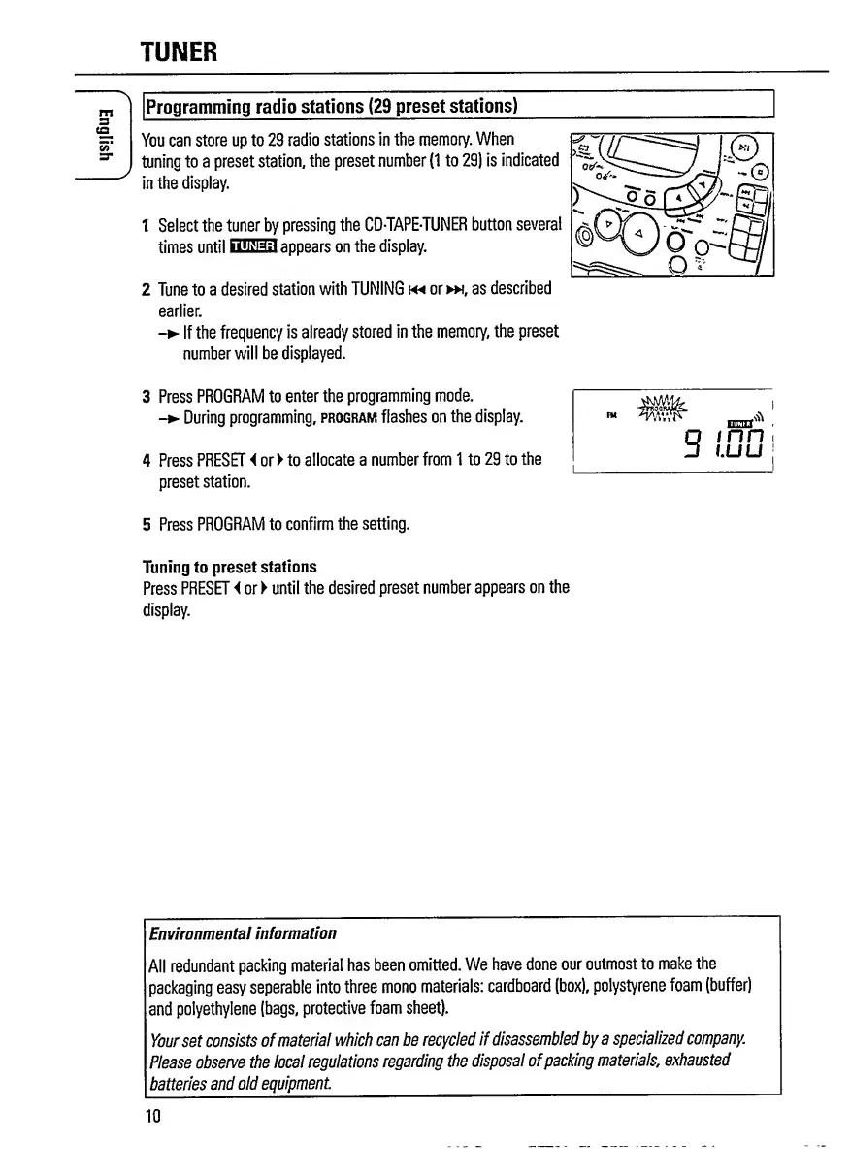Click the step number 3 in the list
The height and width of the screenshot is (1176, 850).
point(146,396)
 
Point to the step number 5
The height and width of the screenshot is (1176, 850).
point(146,525)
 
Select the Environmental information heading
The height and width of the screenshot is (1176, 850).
point(243,933)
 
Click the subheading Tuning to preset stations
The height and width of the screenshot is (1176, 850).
point(229,567)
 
